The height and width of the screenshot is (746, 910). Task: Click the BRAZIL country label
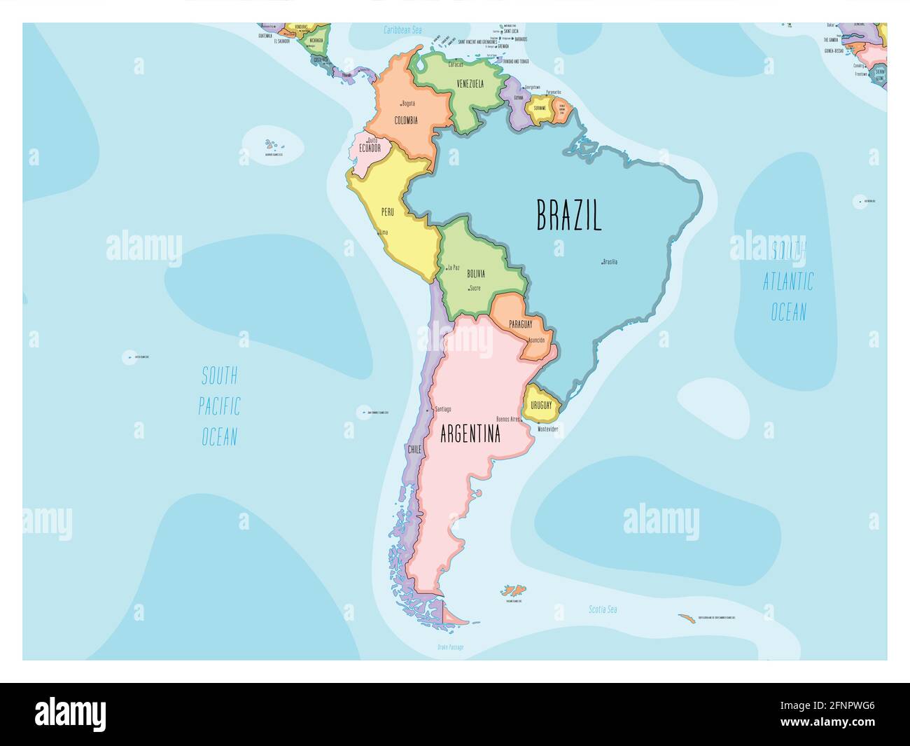pos(568,215)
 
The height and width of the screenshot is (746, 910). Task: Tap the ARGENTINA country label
pos(470,434)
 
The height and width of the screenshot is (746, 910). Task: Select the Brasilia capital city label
pos(610,262)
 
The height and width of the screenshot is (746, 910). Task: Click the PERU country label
pos(387,212)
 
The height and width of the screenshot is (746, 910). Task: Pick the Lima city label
pos(383,232)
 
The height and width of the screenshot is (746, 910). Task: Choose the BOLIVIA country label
pos(475,274)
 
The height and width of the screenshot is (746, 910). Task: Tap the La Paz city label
pos(454,268)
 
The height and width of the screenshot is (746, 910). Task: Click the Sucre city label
pos(475,288)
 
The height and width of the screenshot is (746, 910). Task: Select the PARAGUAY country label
pos(521,324)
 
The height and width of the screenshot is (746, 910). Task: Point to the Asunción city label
pos(537,340)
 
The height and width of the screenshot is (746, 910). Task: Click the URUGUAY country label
pos(541,406)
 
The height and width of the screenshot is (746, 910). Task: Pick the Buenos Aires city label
pos(507,419)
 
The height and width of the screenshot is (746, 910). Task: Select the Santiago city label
pos(442,409)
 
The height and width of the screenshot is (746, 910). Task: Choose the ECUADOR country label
pos(370,148)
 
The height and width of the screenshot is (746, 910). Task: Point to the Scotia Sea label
pos(603,609)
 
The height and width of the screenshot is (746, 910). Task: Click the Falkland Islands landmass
pos(514,590)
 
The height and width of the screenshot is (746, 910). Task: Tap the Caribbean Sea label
pos(402,30)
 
